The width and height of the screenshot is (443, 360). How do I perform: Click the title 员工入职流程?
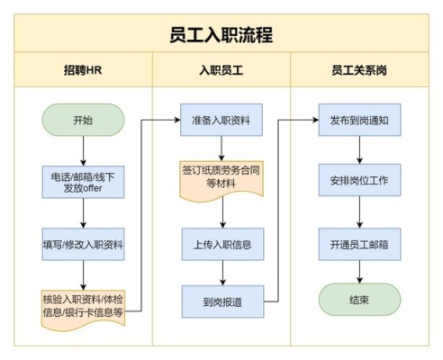pos(221,35)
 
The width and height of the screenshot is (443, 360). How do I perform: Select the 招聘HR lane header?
pos(83,70)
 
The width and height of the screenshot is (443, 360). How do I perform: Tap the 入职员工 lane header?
pos(221,70)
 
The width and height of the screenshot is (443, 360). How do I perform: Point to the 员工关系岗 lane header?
pos(359,70)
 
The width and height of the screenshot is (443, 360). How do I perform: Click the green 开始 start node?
pos(83,120)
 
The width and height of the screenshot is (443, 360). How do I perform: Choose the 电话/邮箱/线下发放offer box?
pos(83,182)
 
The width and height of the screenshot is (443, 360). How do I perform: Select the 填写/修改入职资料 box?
pos(83,244)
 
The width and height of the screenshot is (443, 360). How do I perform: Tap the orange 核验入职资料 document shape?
pos(83,309)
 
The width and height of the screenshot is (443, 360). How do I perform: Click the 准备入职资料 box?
pos(221,120)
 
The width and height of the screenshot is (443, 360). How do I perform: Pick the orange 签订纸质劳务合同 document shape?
pos(221,179)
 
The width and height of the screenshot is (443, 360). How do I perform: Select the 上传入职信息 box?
pos(222,244)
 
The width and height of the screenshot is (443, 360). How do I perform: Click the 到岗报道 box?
pos(222,301)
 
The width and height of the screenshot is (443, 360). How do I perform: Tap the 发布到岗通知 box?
pos(359,120)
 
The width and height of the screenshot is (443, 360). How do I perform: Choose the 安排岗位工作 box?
pos(359,180)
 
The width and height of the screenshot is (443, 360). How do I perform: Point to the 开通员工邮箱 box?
pos(359,244)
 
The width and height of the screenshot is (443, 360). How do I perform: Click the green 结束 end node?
pos(359,300)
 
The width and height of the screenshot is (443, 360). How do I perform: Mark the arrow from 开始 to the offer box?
pos(83,151)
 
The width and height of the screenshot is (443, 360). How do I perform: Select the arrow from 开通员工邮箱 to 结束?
pos(359,272)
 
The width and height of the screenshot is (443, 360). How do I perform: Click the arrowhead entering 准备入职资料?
pos(177,120)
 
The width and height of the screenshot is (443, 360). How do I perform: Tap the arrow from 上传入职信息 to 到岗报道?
pos(222,273)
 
